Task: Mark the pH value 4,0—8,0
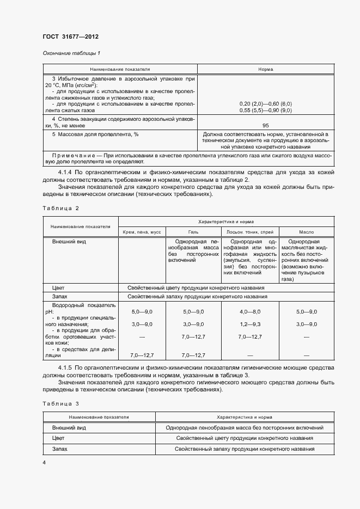[250, 311]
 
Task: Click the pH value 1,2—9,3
[250, 324]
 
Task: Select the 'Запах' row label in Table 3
[59, 449]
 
